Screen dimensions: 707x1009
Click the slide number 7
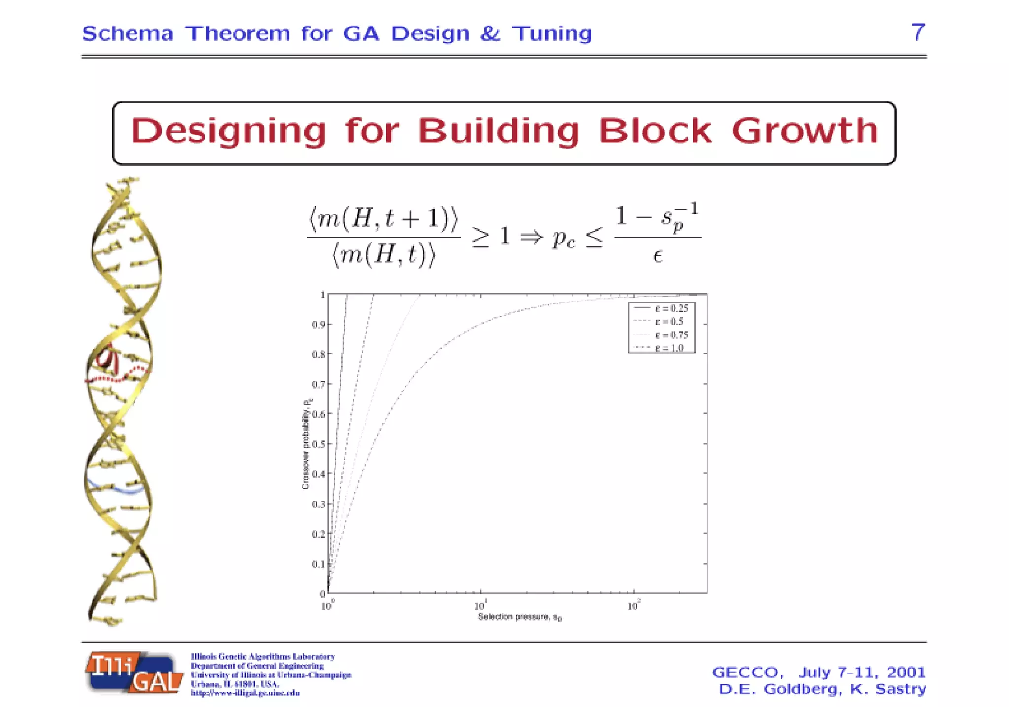tap(917, 33)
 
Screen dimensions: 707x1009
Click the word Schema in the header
tap(128, 34)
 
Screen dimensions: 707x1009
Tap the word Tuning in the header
tap(552, 34)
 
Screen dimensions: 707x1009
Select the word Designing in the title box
tap(228, 132)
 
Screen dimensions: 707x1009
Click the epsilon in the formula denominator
tap(657, 256)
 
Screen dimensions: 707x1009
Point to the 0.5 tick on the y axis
tap(318, 444)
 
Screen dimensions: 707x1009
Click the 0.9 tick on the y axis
tap(318, 325)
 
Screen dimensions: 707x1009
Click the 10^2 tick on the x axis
tap(634, 606)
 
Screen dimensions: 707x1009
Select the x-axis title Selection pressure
tap(519, 617)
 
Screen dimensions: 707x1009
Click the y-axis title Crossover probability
tap(306, 443)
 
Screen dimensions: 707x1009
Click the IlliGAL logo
tap(134, 673)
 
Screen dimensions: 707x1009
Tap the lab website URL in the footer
tap(245, 693)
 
